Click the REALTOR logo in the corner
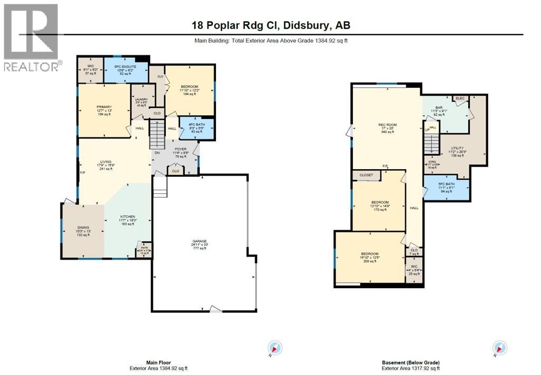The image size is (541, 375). coord(31,37)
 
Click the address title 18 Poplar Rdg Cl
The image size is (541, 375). coord(270,25)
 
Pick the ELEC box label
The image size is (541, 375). coord(460,98)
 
